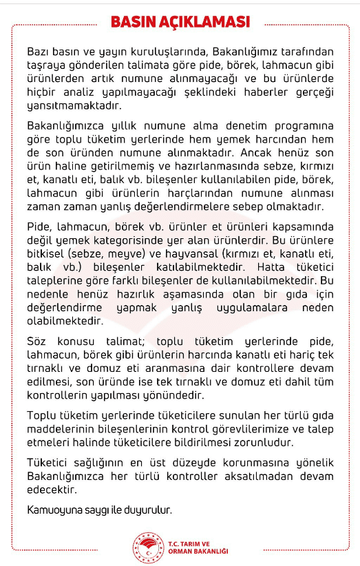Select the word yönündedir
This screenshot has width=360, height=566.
pos(195,396)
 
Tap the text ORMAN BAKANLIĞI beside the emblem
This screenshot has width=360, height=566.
pos(198,551)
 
